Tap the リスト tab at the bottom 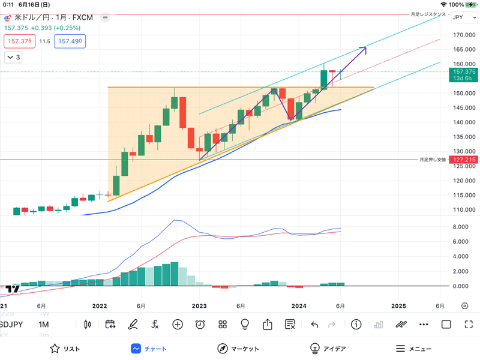coord(64,349)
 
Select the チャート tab coord(149,349)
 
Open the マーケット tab coord(238,349)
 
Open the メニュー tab coord(413,349)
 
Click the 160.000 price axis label coord(463,64)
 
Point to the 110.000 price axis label coord(463,210)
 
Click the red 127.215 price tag coord(463,160)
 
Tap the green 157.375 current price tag coord(463,74)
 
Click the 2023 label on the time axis coord(199,305)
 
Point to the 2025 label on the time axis coord(398,305)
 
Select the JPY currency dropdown coord(461,18)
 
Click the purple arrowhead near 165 coord(364,48)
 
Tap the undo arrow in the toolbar coord(314,325)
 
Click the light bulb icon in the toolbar coord(245,325)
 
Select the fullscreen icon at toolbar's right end coord(469,325)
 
